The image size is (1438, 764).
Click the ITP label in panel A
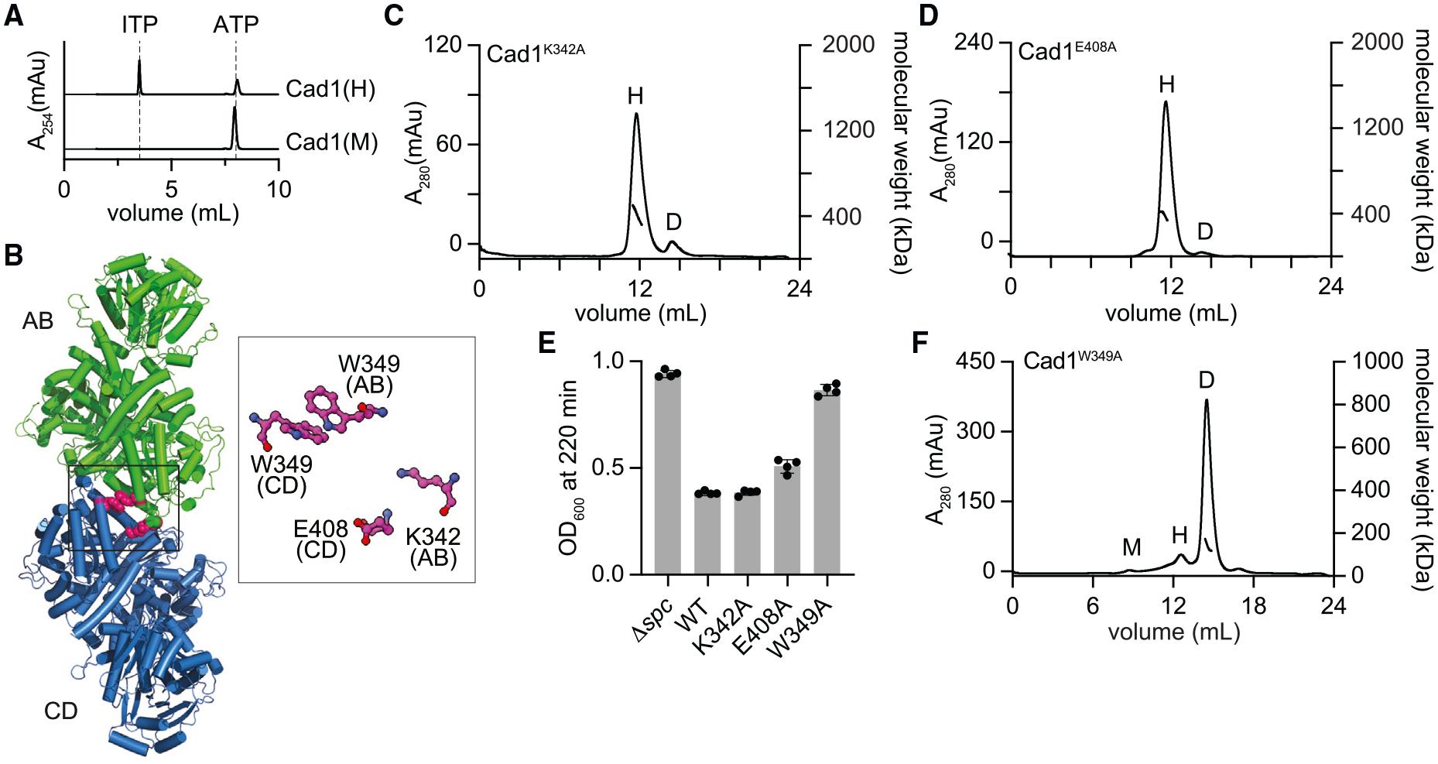tap(139, 25)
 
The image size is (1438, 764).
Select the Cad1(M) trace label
tap(331, 142)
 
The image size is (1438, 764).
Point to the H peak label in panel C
tap(635, 96)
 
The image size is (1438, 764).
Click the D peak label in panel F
tap(1206, 380)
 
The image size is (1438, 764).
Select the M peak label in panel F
tap(1132, 547)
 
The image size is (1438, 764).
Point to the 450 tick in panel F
tap(977, 361)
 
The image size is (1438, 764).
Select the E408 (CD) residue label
tap(320, 540)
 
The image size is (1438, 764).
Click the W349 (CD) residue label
tap(282, 475)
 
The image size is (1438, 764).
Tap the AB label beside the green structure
tap(37, 320)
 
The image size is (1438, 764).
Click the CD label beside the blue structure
tap(60, 711)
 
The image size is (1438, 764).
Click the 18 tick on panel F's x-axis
tap(1254, 606)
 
